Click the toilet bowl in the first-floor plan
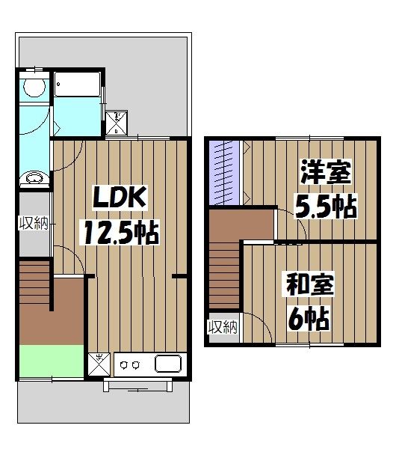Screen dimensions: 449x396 tap(32, 88)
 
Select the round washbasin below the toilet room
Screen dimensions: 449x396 tap(33, 178)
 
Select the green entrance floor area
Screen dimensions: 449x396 tap(51, 363)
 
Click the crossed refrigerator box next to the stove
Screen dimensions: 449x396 tap(99, 365)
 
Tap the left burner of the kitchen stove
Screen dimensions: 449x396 tap(124, 366)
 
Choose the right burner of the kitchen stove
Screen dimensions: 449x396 tap(137, 366)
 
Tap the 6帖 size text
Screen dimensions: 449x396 tap(306, 320)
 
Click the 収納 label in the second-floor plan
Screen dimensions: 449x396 tap(222, 326)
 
